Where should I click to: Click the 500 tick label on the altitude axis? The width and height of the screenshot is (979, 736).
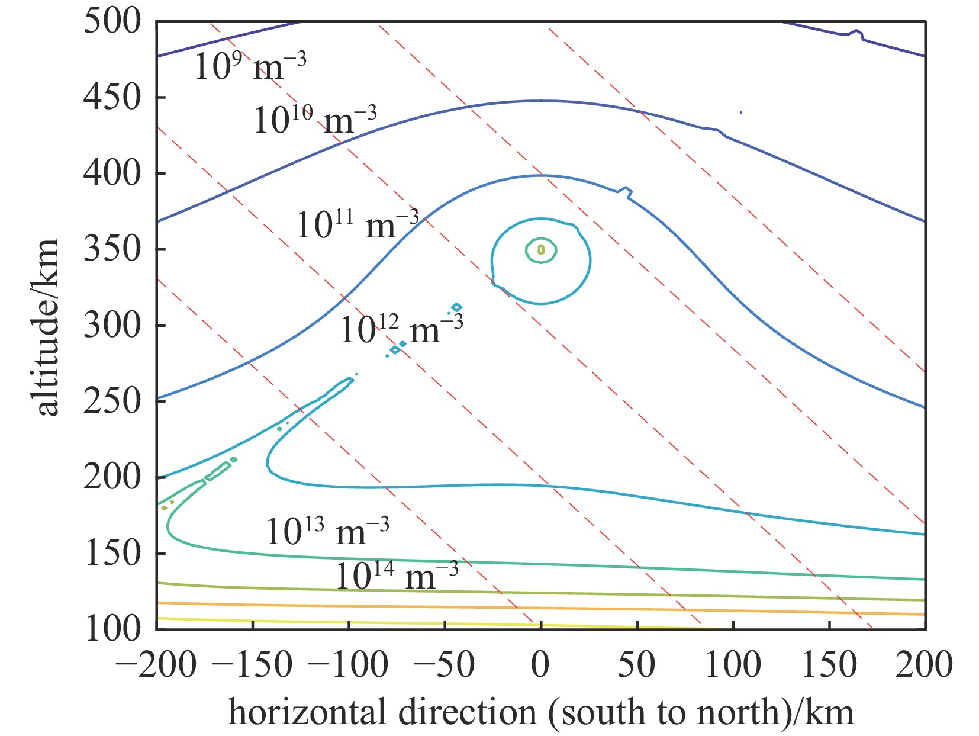click(x=112, y=22)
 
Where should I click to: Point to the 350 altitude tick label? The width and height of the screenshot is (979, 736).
click(x=112, y=249)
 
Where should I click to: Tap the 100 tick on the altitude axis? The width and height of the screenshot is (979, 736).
click(x=112, y=629)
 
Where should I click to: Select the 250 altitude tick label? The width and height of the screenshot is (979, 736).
click(x=112, y=401)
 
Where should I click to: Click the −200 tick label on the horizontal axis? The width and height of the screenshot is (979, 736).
click(x=155, y=664)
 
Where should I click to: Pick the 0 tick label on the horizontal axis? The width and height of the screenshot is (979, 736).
click(x=540, y=664)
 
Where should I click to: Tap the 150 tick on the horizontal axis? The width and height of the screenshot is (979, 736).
click(x=829, y=664)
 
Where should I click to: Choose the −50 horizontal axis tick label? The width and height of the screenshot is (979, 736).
click(x=444, y=664)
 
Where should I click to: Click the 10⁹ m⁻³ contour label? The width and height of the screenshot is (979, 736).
click(x=250, y=65)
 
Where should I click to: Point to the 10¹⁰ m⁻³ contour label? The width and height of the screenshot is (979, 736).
click(x=315, y=120)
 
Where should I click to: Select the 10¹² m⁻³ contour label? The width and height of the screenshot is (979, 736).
click(x=401, y=329)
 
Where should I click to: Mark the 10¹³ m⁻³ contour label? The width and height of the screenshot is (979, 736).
click(x=327, y=531)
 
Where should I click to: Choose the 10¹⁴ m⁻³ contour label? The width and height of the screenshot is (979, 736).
click(x=397, y=576)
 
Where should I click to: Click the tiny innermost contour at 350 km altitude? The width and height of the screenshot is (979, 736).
click(x=540, y=250)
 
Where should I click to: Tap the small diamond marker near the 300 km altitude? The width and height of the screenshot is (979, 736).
click(x=456, y=307)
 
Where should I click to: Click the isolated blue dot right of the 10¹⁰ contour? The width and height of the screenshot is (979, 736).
click(x=740, y=113)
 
